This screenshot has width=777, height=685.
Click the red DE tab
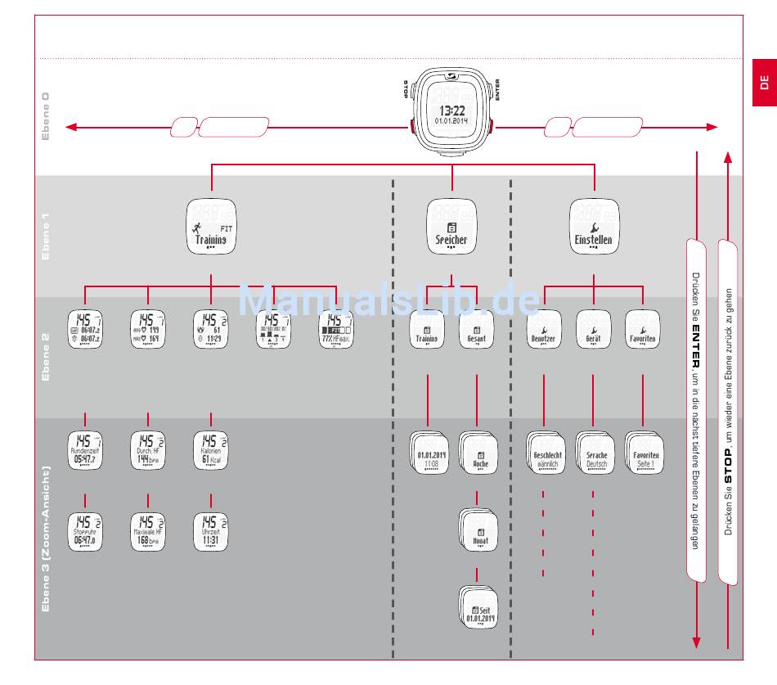coord(764,82)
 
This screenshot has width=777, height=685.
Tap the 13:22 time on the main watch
coord(451,110)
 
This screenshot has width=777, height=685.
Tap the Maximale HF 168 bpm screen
coord(148,532)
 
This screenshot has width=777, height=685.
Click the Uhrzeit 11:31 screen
coord(211,532)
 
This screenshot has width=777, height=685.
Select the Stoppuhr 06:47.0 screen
coord(85,532)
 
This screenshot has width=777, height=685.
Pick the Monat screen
coord(478,532)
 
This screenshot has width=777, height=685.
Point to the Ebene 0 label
coord(46,116)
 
